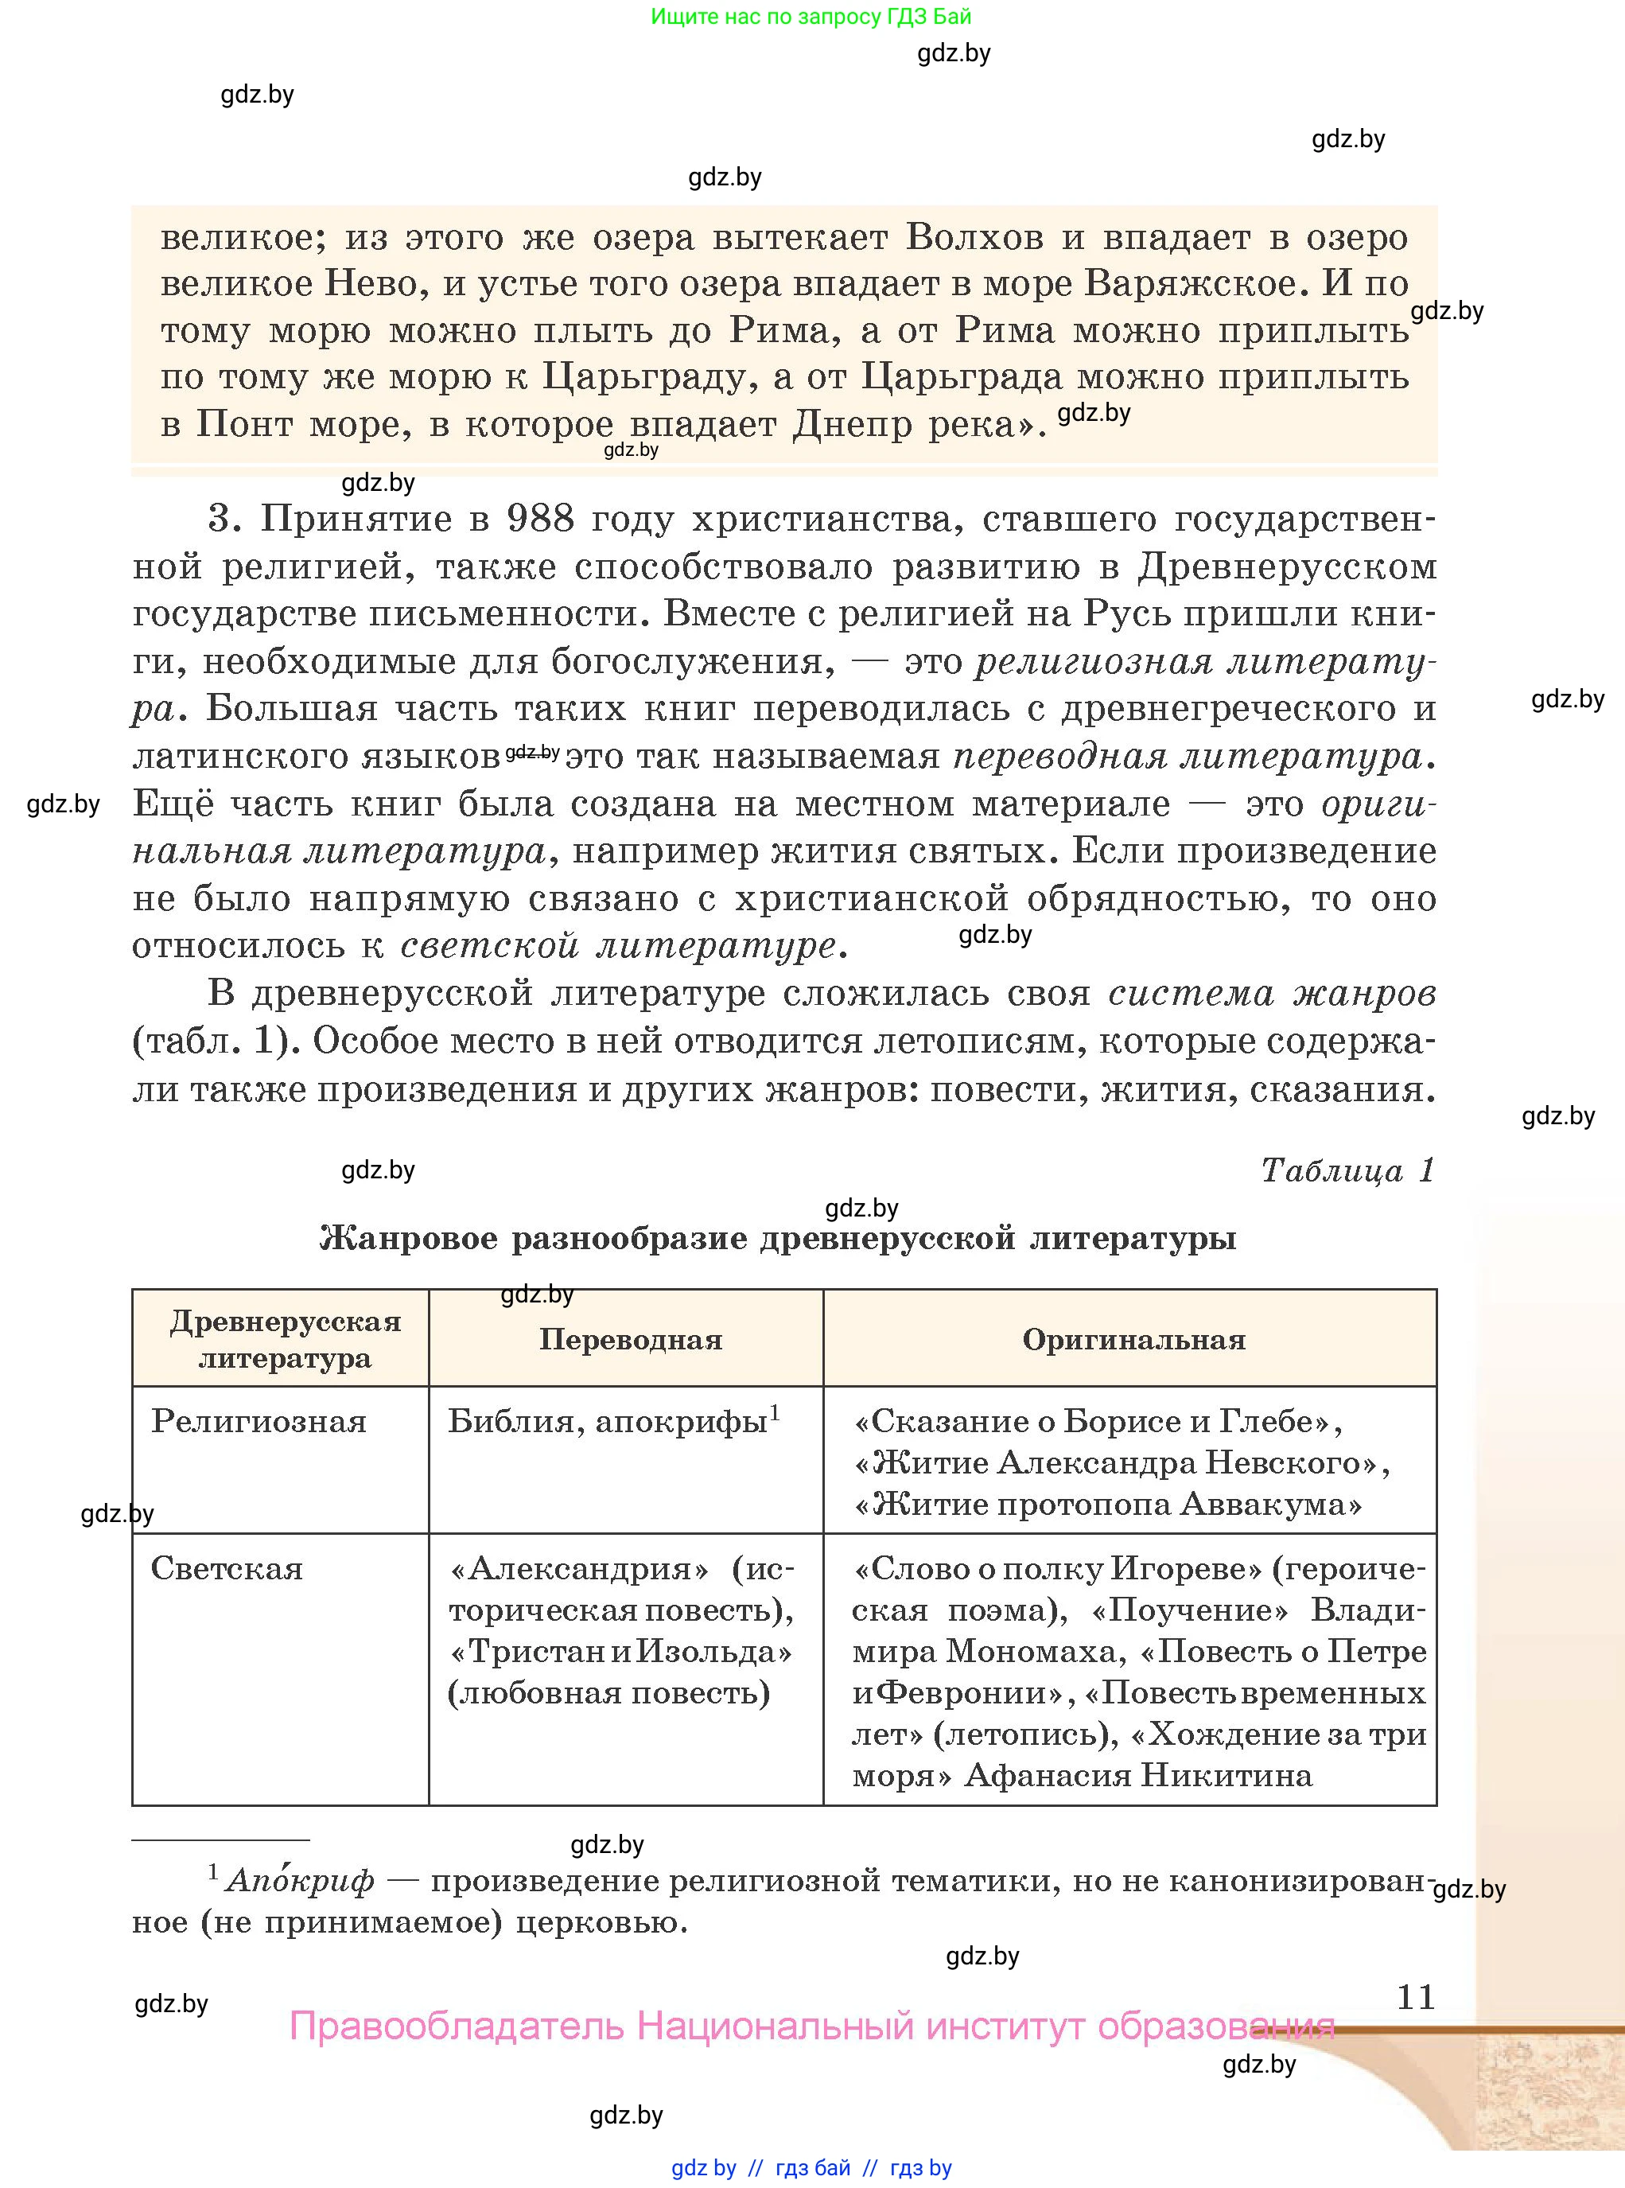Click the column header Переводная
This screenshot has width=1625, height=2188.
point(631,1339)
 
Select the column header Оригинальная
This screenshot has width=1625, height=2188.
point(1133,1339)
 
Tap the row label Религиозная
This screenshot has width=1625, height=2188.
point(259,1421)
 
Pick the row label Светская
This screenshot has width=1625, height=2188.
point(226,1568)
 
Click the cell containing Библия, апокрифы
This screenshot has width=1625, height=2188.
point(608,1422)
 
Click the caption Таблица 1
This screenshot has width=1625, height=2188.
point(1347,1170)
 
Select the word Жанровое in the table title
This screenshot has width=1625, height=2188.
point(408,1239)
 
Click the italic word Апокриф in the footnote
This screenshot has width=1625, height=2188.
point(300,1881)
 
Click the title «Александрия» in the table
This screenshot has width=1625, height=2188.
point(578,1568)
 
